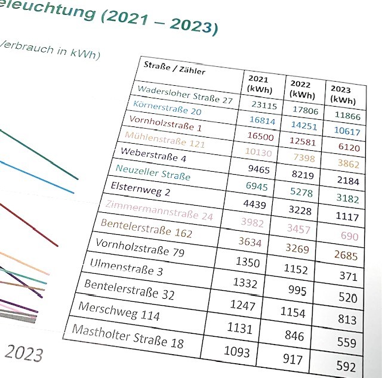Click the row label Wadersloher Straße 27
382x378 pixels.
[x=184, y=95]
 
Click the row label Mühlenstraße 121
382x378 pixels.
[x=165, y=140]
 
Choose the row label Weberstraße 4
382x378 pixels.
[x=153, y=154]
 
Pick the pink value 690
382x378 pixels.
[x=349, y=236]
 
